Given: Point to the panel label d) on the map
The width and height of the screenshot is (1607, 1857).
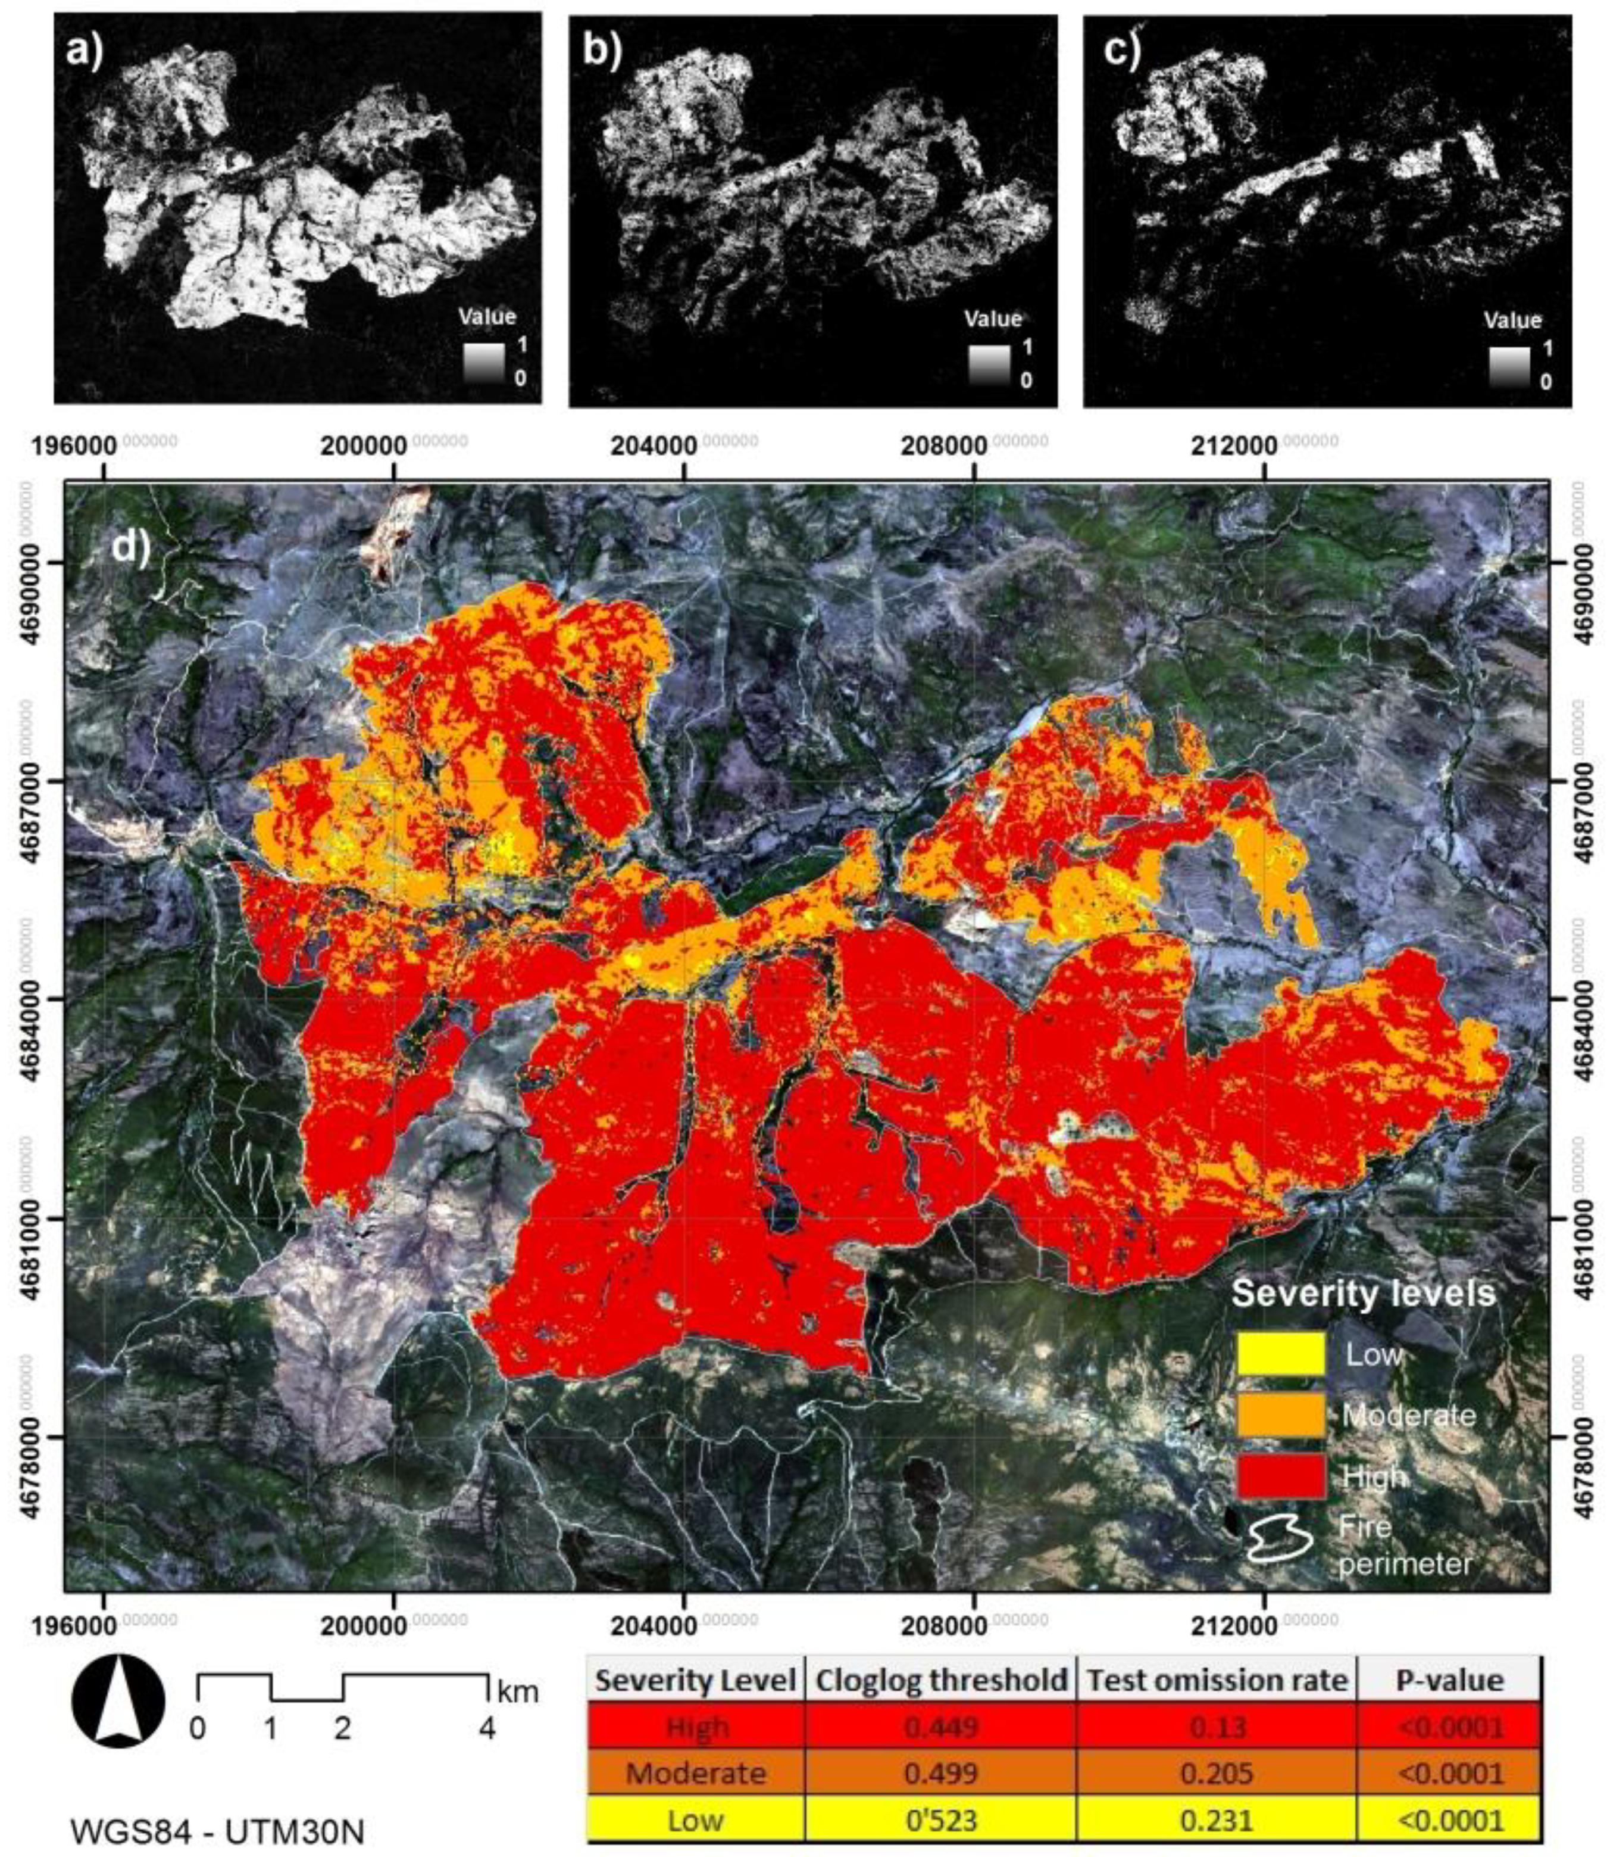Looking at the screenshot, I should coord(130,546).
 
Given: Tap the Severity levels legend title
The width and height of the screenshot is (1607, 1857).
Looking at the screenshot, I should coord(1363,1293).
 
